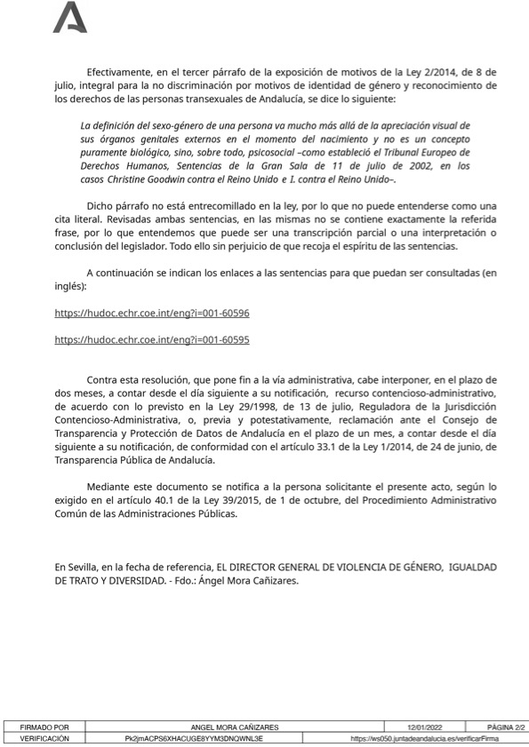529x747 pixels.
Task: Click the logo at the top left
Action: tap(70, 18)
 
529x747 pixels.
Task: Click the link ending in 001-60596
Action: tap(152, 314)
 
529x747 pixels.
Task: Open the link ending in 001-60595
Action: tap(152, 339)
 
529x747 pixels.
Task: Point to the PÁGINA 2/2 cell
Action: tap(507, 727)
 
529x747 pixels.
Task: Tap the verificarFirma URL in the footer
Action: tap(424, 738)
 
